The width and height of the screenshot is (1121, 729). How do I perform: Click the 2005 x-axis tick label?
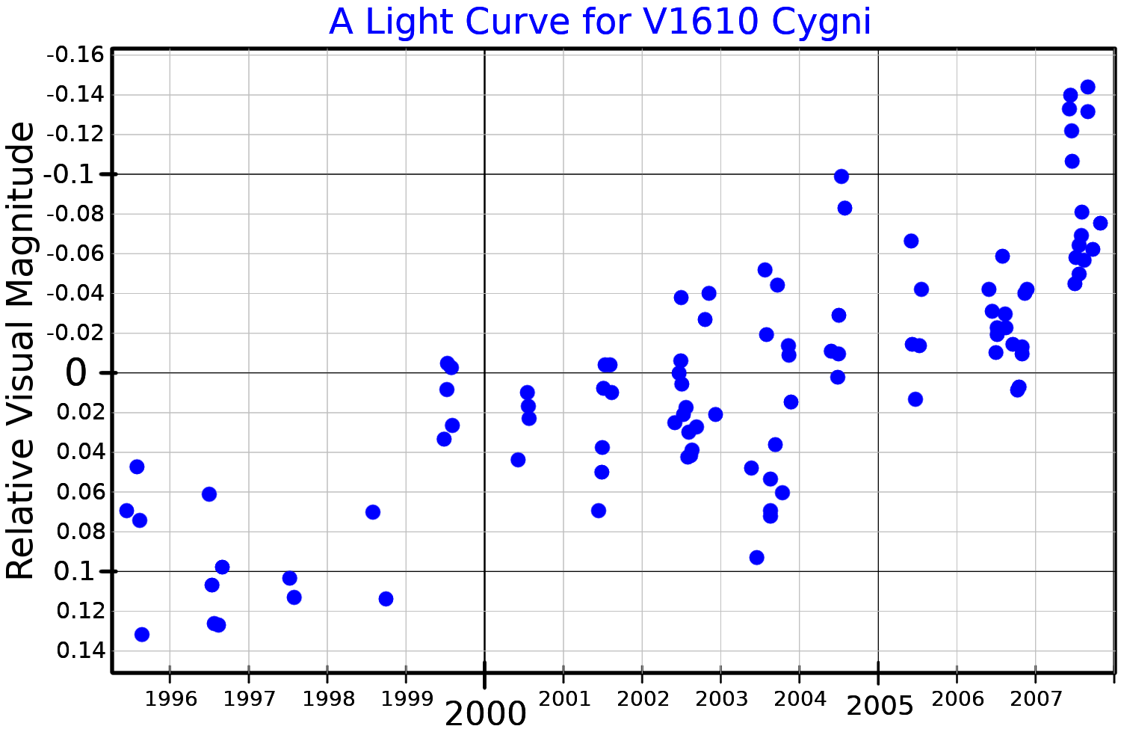879,706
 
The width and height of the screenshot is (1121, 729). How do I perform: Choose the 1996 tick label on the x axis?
170,700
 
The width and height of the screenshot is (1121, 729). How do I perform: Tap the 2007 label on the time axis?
1036,700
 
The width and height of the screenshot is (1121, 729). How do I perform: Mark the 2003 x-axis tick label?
720,700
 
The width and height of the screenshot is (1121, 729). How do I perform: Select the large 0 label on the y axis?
76,373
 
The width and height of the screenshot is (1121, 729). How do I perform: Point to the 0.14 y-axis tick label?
81,650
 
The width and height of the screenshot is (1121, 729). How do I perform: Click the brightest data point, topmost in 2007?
1087,87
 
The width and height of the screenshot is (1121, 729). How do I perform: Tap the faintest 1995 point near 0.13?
142,634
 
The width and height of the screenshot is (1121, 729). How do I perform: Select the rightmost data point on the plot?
1100,223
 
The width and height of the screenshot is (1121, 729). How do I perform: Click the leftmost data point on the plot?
127,511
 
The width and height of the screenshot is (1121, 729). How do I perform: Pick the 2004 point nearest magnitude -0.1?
841,176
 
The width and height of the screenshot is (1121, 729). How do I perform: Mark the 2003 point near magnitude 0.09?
756,557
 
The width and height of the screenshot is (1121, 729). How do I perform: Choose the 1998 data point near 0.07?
373,512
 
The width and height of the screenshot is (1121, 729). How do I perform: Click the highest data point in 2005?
911,241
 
